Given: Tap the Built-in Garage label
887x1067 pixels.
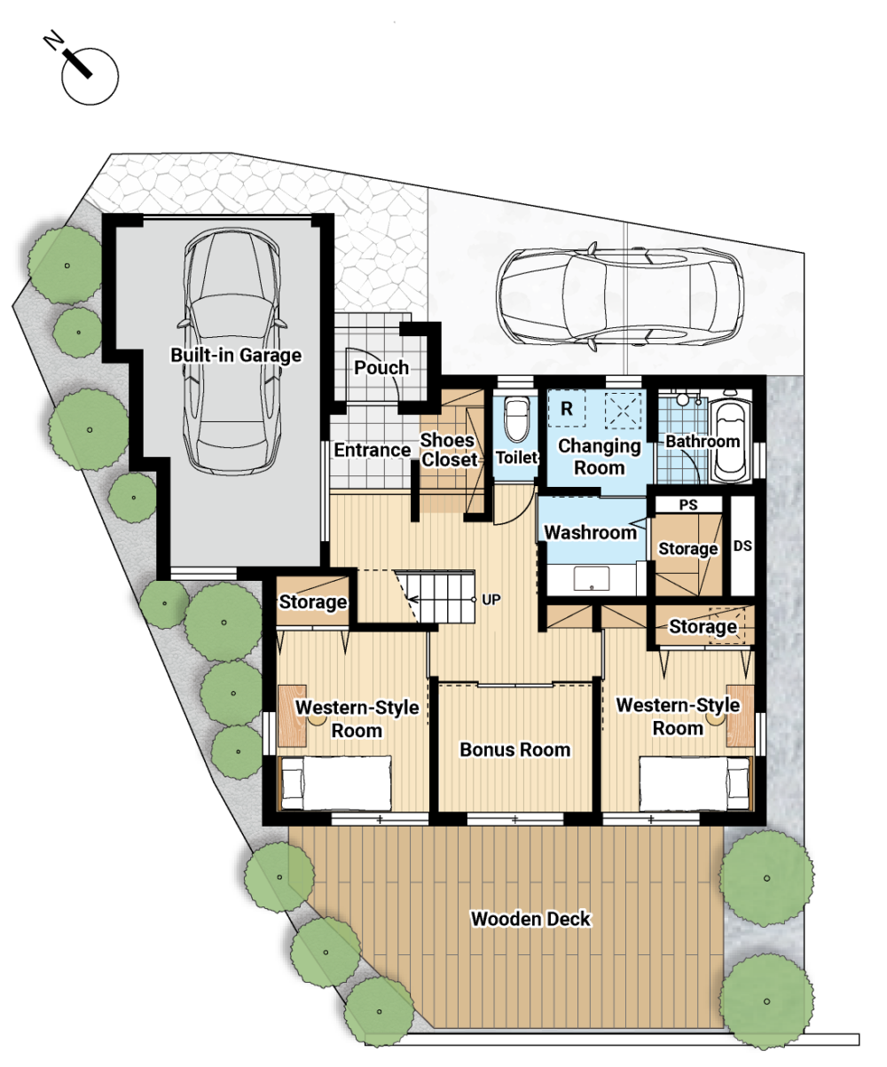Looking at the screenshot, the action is [236, 355].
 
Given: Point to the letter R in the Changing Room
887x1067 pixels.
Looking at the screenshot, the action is [566, 408].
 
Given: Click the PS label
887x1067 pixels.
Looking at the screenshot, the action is [687, 505].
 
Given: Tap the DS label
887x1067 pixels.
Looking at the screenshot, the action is [742, 545].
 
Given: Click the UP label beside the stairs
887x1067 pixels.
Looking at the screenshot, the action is [491, 600].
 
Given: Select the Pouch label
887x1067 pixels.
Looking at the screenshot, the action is [381, 367].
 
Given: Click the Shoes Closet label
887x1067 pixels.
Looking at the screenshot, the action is [449, 450].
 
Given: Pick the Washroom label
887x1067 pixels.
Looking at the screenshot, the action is [590, 532].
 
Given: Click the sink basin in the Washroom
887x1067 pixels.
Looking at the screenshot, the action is [592, 578].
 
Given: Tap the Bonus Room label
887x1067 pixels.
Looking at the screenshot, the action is [515, 749].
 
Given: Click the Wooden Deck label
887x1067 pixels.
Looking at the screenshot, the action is [530, 919].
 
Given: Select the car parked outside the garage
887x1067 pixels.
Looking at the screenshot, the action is [620, 296].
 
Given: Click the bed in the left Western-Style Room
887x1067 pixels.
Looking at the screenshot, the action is [335, 783].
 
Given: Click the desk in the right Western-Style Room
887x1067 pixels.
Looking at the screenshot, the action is [740, 716].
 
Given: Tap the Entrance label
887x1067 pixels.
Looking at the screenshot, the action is [372, 450].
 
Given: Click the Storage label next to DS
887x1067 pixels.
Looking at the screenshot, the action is [687, 548].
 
